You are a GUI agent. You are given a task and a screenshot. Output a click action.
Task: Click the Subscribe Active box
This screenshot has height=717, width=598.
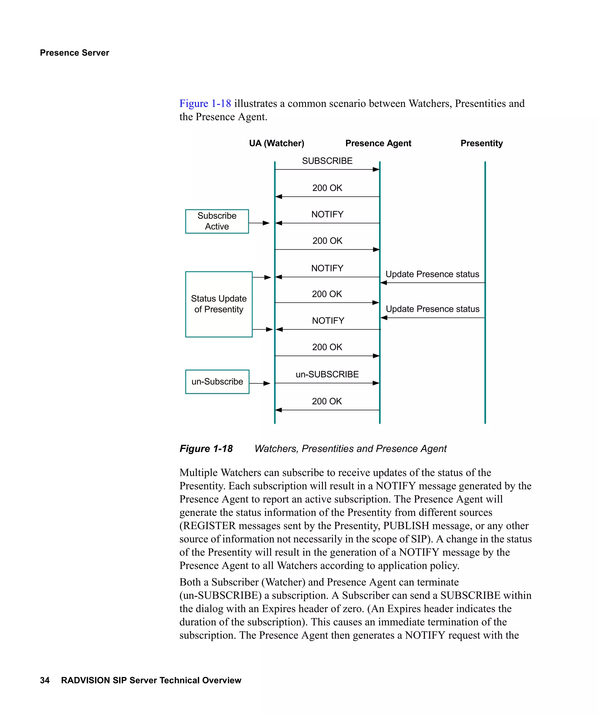pos(217,221)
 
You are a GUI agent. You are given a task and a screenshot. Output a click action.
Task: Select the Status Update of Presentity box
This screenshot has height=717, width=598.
pos(219,304)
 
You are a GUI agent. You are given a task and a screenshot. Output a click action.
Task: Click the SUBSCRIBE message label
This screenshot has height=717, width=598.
pos(327,161)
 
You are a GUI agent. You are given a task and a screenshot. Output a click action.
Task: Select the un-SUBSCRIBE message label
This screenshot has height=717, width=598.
pos(327,374)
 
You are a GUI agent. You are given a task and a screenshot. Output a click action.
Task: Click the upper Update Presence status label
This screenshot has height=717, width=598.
pos(432,274)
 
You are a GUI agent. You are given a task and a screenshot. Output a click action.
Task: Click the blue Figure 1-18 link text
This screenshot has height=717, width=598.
pos(205,104)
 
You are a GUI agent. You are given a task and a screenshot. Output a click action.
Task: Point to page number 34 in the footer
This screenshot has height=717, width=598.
pos(45,680)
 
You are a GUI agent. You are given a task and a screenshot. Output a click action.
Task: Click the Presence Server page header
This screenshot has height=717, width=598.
pos(74,53)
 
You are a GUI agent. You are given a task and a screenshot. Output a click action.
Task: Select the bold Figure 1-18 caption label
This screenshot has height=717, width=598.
pos(206,448)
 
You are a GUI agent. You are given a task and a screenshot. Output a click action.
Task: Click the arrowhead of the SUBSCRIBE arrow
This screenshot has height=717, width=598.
pos(376,169)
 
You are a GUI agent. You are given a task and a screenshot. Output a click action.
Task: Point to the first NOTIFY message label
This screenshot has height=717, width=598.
pos(327,214)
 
